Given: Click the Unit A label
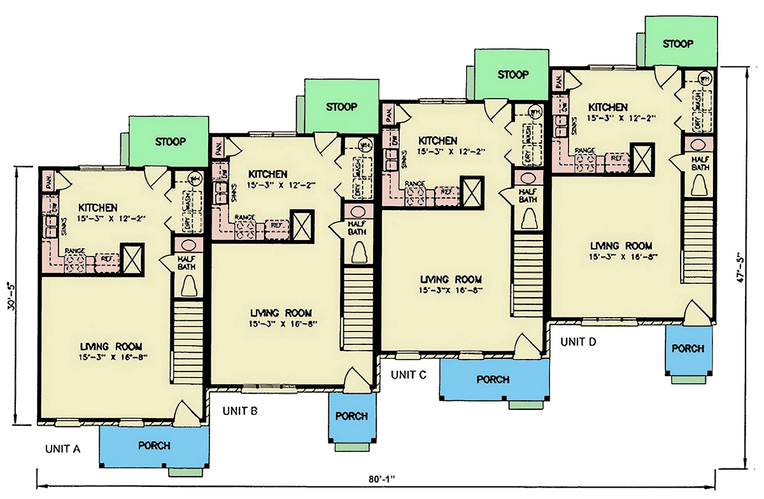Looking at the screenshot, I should (x=62, y=449).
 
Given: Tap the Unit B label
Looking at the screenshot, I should (x=240, y=411).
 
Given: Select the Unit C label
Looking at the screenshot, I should (x=408, y=374).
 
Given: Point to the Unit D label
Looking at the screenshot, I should (x=578, y=342).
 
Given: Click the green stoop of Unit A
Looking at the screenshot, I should (x=169, y=141).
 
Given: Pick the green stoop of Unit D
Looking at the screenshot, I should (x=677, y=43).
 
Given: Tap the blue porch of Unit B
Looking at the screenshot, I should (x=351, y=416).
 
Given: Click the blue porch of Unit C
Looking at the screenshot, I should (x=493, y=379).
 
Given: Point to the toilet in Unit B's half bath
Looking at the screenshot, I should (x=358, y=252).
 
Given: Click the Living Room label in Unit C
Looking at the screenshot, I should (x=451, y=279).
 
